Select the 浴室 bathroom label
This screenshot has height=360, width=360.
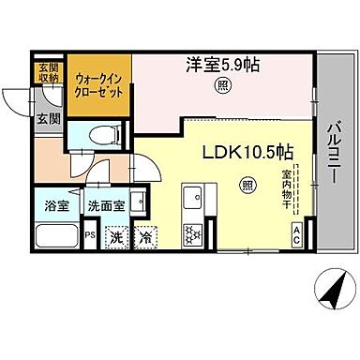pyautogui.click(x=54, y=206)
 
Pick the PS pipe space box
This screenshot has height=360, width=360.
pyautogui.click(x=91, y=236)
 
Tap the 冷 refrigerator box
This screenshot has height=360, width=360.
pyautogui.click(x=146, y=237)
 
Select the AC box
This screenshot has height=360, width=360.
pyautogui.click(x=297, y=233)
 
